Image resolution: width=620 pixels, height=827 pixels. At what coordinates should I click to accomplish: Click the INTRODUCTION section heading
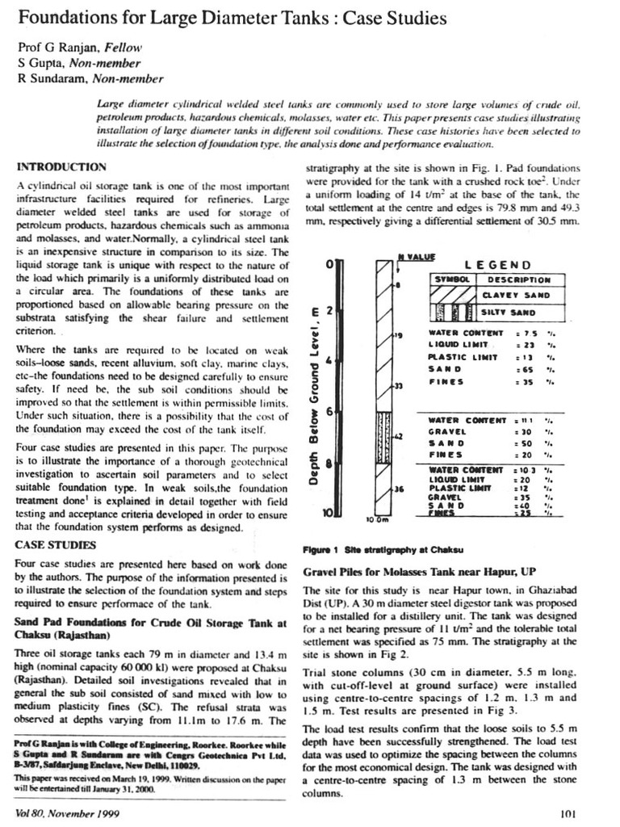pyautogui.click(x=61, y=167)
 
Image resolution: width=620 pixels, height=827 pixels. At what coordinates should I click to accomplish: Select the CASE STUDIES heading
pyautogui.click(x=53, y=544)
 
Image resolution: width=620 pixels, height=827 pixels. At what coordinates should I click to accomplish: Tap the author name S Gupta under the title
pyautogui.click(x=36, y=64)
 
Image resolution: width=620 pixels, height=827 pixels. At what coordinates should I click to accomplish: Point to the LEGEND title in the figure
pyautogui.click(x=498, y=264)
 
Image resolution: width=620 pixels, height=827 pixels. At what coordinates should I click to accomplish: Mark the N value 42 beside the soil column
pyautogui.click(x=398, y=436)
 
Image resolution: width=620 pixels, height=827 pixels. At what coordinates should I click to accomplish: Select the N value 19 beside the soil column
pyautogui.click(x=399, y=334)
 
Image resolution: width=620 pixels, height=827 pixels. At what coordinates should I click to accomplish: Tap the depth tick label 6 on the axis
pyautogui.click(x=329, y=412)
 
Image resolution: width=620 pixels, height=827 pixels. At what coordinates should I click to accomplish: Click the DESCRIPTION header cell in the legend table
pyautogui.click(x=521, y=279)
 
